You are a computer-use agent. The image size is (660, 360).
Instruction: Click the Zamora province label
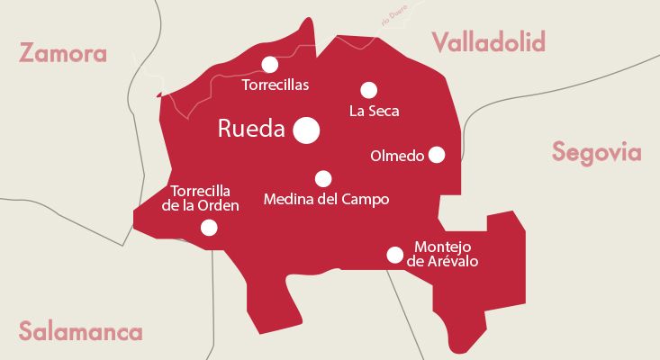tap(63, 53)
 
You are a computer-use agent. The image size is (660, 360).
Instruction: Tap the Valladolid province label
tap(489, 41)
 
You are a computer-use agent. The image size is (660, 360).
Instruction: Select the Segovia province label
tap(597, 152)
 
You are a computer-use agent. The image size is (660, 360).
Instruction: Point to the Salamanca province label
tap(81, 331)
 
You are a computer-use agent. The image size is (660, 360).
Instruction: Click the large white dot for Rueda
tap(307, 130)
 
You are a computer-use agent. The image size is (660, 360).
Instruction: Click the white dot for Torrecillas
tap(269, 64)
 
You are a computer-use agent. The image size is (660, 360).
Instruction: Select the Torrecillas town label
tap(276, 85)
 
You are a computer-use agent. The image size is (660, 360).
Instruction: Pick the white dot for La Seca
tap(368, 90)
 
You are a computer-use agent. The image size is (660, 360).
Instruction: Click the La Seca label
tap(374, 112)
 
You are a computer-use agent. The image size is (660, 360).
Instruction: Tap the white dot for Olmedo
tap(437, 155)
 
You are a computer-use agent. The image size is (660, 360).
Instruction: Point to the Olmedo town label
tap(397, 156)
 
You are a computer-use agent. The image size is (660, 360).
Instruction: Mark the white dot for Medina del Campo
tap(323, 178)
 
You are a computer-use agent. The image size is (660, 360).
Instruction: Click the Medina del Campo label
tap(326, 199)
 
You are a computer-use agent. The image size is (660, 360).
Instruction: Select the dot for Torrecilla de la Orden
tap(209, 228)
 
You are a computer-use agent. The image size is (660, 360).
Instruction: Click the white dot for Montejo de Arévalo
tap(394, 255)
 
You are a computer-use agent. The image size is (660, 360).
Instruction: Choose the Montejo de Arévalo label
tap(442, 254)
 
